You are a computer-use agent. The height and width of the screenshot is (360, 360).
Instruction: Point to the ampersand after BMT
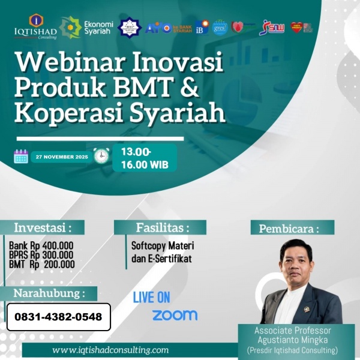click(x=189, y=88)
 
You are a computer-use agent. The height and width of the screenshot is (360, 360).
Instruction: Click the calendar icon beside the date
click(x=21, y=157)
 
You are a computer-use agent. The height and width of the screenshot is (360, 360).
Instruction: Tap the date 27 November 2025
click(x=61, y=157)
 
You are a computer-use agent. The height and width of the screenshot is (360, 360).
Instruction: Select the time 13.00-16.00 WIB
click(x=145, y=158)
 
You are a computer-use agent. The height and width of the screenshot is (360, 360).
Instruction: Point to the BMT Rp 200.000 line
click(x=42, y=264)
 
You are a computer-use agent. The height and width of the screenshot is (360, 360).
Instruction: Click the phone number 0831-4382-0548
click(x=58, y=317)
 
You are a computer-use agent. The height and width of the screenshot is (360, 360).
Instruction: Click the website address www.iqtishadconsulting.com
click(x=110, y=350)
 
